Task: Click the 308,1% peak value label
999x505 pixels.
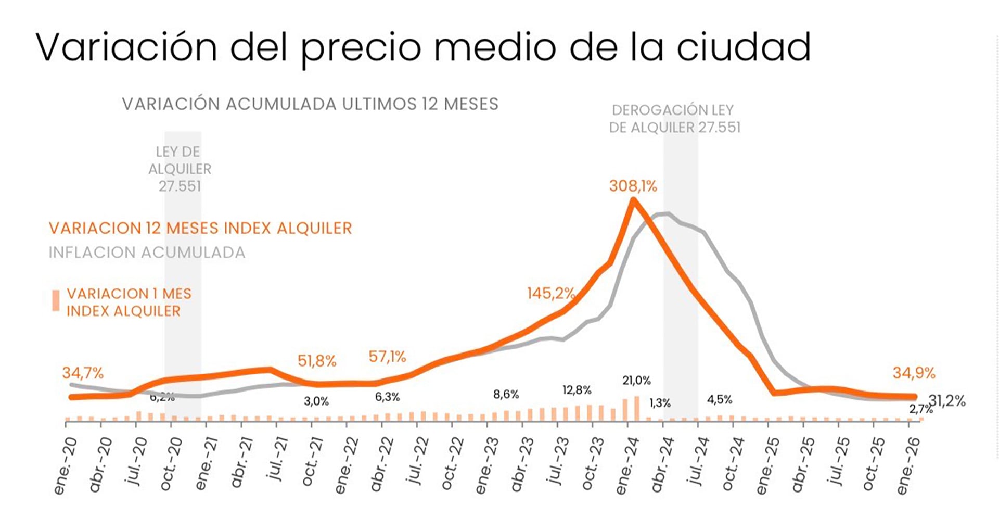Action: click(633, 186)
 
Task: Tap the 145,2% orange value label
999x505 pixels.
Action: click(550, 293)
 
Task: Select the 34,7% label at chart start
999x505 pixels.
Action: click(83, 373)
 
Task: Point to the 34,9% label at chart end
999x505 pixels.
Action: click(914, 373)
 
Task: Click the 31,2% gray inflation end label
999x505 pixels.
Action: click(948, 401)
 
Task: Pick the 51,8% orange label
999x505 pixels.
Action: click(316, 361)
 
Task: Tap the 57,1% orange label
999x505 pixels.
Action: click(387, 357)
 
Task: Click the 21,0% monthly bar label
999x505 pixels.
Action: click(636, 381)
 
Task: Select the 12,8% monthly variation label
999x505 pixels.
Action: click(577, 390)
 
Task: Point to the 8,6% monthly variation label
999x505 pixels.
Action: click(506, 395)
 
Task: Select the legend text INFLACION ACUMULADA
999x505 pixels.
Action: click(147, 253)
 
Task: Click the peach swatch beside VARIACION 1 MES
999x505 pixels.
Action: click(56, 300)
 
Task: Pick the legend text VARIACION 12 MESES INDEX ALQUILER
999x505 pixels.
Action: click(200, 228)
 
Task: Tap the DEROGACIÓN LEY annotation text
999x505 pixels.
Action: click(672, 110)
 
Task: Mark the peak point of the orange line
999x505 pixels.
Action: click(633, 201)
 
